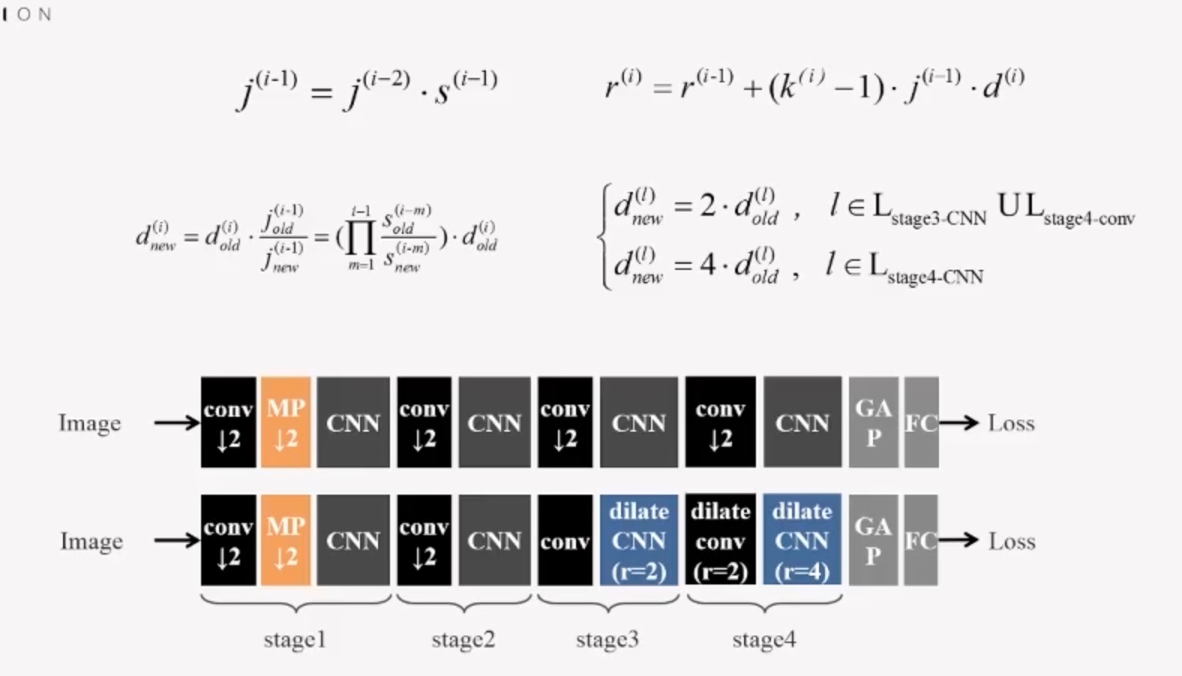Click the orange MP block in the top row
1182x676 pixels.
[285, 423]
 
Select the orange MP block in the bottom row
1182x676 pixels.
[285, 540]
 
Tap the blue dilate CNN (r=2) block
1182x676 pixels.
[638, 540]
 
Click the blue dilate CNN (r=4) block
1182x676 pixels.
[802, 540]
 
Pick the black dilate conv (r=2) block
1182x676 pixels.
[720, 540]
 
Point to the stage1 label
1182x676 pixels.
[295, 639]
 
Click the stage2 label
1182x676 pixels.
[463, 639]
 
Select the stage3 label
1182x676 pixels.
[607, 639]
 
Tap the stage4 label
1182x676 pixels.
[763, 639]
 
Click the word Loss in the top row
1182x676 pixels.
[1011, 423]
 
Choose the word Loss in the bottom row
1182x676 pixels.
[1011, 541]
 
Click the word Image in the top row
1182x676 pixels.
[89, 423]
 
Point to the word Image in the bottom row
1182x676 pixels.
[91, 541]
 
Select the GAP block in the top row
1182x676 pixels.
[873, 423]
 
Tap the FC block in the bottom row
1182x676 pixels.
[920, 540]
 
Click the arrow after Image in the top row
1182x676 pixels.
[176, 423]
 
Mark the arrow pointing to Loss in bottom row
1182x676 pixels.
[959, 540]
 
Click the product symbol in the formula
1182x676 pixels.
[361, 238]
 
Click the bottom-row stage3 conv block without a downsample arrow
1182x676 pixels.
[564, 540]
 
